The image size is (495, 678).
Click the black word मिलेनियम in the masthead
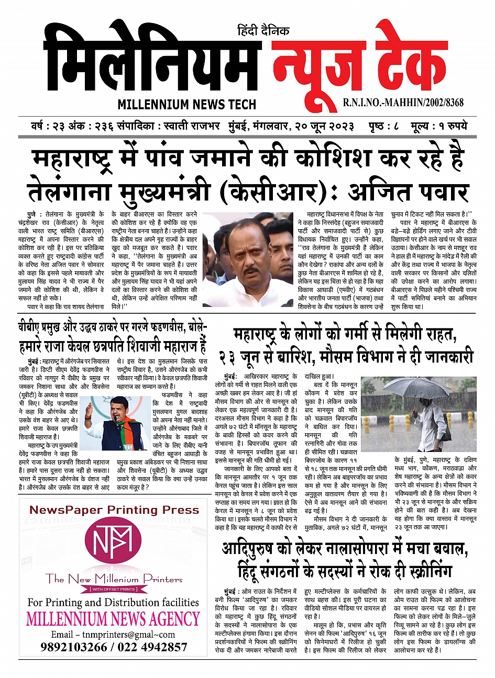point(152,60)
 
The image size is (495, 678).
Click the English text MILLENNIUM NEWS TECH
point(186,104)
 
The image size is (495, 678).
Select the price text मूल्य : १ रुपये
point(439,127)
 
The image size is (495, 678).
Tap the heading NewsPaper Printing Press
point(114,510)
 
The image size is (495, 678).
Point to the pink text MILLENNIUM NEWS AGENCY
point(113,619)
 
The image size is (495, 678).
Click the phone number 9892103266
point(73,647)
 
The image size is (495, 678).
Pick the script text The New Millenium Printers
point(114,579)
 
